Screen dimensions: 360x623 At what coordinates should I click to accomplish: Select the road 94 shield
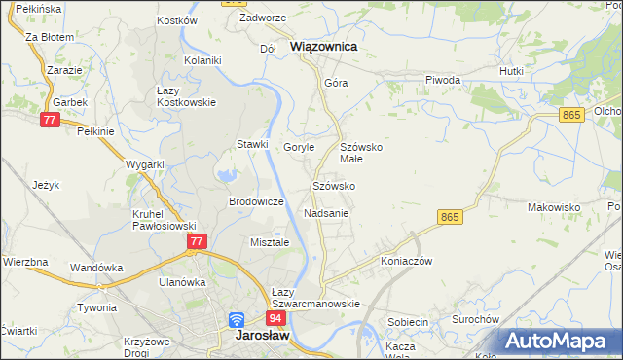click(276, 318)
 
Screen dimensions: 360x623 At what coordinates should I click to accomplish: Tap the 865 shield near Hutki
click(571, 115)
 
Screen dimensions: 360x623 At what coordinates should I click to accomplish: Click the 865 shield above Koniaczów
click(449, 217)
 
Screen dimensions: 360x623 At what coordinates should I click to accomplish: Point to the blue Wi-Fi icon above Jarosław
click(237, 319)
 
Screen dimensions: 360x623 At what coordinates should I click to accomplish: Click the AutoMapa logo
click(559, 342)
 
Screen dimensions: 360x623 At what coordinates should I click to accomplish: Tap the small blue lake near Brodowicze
click(227, 176)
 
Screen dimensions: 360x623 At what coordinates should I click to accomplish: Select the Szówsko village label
click(333, 185)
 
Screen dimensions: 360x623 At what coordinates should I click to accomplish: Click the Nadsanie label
click(326, 212)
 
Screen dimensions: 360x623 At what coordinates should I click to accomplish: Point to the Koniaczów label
click(406, 261)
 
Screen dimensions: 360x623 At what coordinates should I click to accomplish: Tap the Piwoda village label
click(442, 80)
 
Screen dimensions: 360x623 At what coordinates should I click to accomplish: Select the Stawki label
click(252, 145)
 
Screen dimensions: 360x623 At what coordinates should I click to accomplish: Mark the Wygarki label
click(144, 164)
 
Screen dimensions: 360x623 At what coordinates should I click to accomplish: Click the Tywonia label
click(96, 307)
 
